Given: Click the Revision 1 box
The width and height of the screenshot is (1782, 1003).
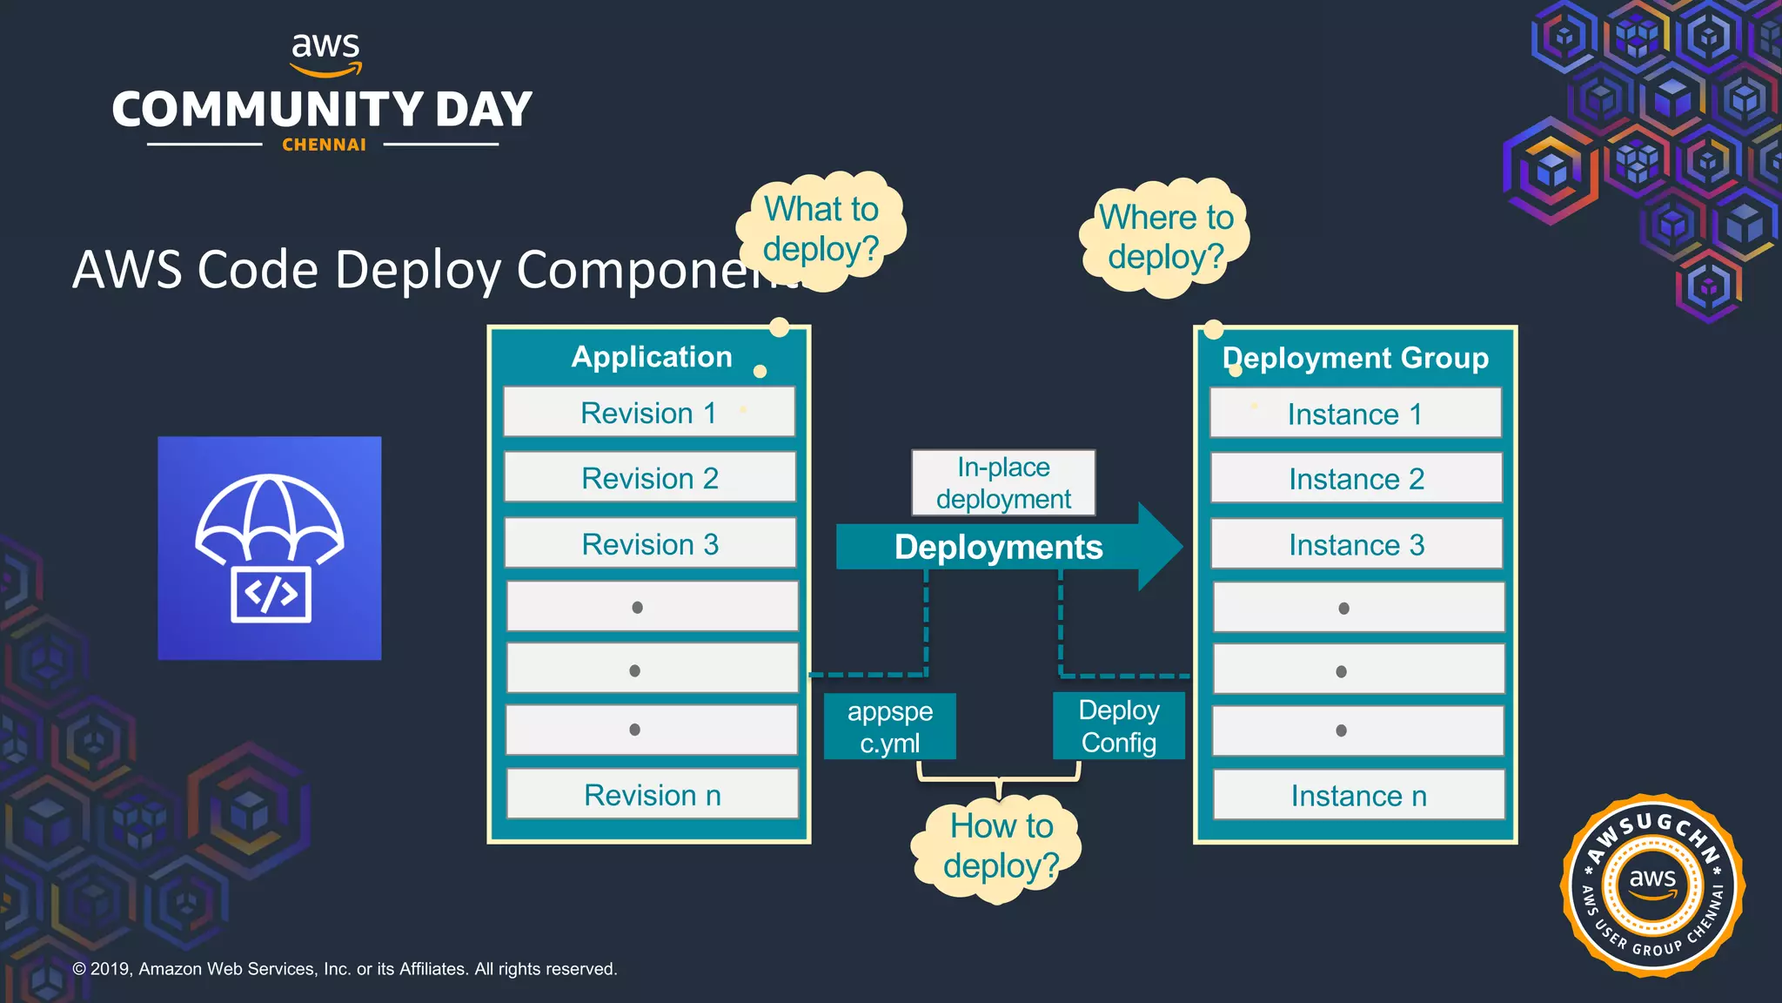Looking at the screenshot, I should coord(648,412).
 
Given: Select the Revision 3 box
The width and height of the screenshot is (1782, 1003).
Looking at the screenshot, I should coord(650,543).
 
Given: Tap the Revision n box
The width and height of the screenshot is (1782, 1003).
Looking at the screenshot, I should coord(652,794).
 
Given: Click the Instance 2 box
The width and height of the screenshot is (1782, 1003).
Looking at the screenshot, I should coord(1356,478).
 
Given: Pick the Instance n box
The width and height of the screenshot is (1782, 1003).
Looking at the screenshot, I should coord(1358,795).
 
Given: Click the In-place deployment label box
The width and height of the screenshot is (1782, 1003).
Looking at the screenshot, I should coord(1003,483).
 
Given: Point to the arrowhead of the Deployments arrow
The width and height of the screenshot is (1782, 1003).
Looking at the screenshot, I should coord(1160,547).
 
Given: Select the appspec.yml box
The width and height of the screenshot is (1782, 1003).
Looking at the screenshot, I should coord(889,727).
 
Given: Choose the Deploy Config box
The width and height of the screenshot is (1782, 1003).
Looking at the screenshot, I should coord(1118,726).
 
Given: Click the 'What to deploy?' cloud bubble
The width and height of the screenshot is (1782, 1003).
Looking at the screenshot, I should coord(821,229).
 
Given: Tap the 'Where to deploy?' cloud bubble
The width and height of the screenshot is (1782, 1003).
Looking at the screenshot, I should coord(1165,237).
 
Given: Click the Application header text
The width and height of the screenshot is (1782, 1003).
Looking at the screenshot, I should coord(651,357).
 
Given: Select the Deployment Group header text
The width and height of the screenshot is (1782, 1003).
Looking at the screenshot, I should coord(1355,358).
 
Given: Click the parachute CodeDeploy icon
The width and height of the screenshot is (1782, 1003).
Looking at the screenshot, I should coord(269,548).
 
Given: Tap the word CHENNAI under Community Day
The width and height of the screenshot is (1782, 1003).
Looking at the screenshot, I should coord(324,145).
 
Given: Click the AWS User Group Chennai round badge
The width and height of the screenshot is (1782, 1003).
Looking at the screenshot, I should coord(1651,885).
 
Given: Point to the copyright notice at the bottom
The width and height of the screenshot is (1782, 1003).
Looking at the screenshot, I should coord(345,969).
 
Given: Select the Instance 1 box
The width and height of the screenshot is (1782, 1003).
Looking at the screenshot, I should coord(1355,414).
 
